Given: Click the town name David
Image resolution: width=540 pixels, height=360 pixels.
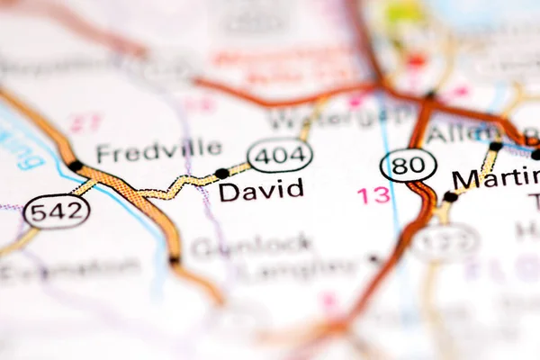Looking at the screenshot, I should click(x=261, y=191).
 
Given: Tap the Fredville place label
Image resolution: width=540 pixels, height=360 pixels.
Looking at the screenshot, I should click(x=158, y=149).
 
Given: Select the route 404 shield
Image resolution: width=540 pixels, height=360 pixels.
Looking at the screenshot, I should click(x=280, y=156).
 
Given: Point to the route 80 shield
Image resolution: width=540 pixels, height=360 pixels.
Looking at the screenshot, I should click(x=409, y=165).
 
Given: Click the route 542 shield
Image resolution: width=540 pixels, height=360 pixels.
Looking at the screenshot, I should click(x=57, y=211).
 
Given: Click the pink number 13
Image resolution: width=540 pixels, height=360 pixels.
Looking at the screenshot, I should click(x=373, y=195).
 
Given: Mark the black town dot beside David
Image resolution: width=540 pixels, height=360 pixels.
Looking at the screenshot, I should click(x=221, y=174).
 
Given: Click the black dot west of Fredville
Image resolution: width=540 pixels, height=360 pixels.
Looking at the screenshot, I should click(x=75, y=166).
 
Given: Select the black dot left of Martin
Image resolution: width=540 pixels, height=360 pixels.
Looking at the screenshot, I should click(x=450, y=197).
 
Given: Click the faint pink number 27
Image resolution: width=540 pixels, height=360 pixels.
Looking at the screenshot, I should click(x=85, y=122).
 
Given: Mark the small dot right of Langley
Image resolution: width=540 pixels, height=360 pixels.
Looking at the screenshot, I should click(x=373, y=259).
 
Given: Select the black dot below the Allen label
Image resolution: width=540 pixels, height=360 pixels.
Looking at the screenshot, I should click(x=495, y=146).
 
